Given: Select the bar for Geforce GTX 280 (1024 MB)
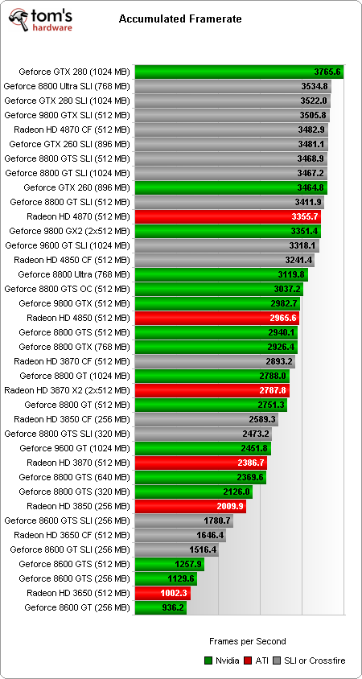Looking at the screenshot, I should (239, 72).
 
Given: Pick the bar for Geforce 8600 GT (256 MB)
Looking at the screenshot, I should (161, 607).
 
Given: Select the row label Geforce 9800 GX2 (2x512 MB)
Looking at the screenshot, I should (68, 231).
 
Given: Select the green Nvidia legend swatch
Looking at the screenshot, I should (209, 660).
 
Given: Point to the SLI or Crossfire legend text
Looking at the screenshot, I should (314, 660).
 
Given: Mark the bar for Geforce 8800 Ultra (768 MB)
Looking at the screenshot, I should (221, 274).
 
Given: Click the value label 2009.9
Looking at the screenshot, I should (229, 506).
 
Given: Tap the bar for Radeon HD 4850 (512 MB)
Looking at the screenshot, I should (216, 318).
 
